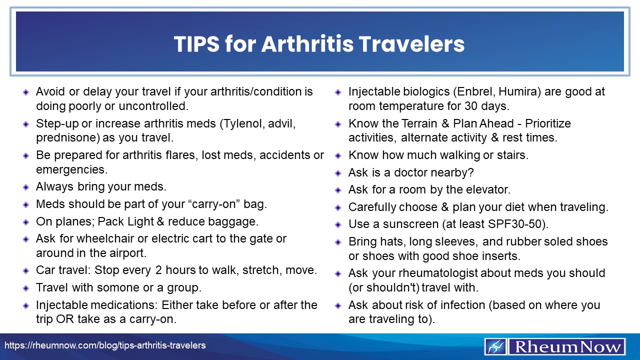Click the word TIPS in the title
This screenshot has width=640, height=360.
(x=195, y=44)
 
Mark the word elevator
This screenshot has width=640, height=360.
(x=484, y=190)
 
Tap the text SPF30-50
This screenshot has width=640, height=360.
(x=516, y=223)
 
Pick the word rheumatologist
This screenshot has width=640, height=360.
(x=422, y=273)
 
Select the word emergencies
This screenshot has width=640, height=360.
(x=71, y=169)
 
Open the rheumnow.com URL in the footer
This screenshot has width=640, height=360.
(x=105, y=345)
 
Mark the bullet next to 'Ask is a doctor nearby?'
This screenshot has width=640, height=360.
(x=338, y=173)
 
